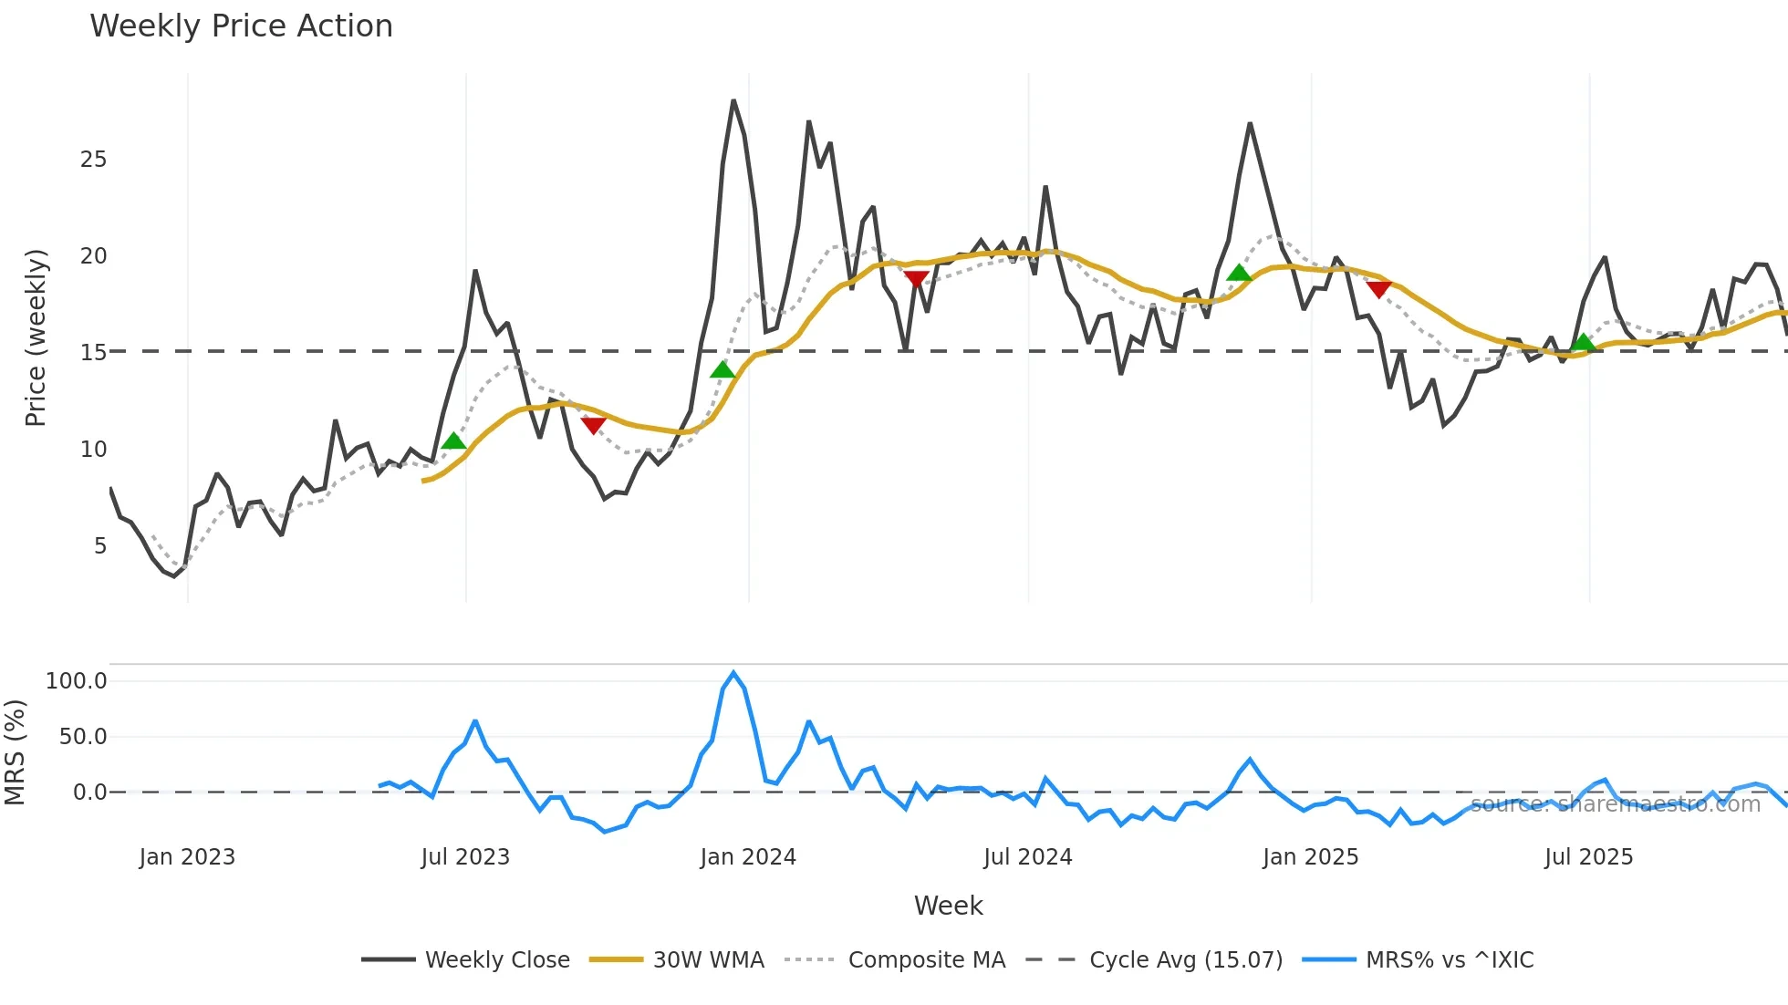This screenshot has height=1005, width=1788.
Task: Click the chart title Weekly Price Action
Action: pos(241,26)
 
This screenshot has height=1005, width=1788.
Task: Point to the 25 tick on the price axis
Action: pos(93,160)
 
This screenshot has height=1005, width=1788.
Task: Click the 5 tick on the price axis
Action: pos(99,546)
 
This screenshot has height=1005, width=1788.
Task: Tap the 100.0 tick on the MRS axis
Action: pos(77,681)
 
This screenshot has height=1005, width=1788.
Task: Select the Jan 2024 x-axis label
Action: pos(748,857)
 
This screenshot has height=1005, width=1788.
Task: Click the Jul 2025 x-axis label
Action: pos(1588,857)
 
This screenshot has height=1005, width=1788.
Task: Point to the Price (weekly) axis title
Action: pos(35,337)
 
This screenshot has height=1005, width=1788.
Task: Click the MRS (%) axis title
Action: pos(15,752)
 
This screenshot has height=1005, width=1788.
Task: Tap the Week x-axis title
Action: pos(948,906)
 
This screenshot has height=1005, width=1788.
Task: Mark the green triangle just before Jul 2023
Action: pos(453,441)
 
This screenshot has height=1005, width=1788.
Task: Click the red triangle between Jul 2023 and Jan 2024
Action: pos(593,425)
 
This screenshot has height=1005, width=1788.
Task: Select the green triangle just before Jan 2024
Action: pos(722,369)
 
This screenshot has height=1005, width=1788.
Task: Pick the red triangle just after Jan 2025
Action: pos(1378,289)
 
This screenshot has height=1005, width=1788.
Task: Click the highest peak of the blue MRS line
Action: pos(733,673)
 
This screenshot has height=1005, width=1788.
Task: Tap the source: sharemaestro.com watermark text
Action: pos(1615,804)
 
